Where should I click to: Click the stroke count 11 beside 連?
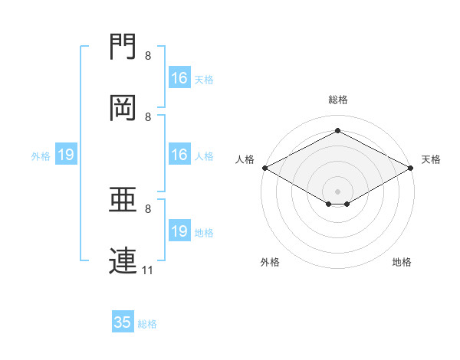click(x=148, y=270)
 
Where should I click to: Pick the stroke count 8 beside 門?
click(x=148, y=56)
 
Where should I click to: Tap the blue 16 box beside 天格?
click(x=179, y=78)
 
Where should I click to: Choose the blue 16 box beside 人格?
click(x=179, y=155)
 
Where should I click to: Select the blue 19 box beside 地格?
click(x=179, y=232)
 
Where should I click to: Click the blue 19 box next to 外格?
click(x=66, y=155)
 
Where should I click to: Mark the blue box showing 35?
click(x=123, y=322)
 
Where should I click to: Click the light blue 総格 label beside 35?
click(x=147, y=324)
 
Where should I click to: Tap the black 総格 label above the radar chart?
click(x=338, y=100)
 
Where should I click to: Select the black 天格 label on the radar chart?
click(x=431, y=159)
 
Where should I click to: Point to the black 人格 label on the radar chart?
click(x=245, y=159)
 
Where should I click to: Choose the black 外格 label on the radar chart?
click(x=270, y=262)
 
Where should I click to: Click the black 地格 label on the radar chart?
click(x=402, y=262)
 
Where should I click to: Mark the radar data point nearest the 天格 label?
click(x=412, y=168)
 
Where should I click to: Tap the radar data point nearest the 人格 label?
click(x=264, y=168)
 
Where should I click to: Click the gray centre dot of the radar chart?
click(x=338, y=191)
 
